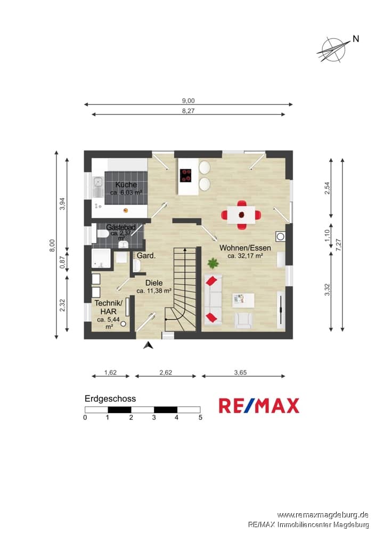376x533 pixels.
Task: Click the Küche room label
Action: pos(126,184)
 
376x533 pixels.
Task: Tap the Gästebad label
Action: pos(121,227)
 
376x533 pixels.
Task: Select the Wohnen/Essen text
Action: pos(245,248)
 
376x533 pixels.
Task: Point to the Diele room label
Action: pos(154,283)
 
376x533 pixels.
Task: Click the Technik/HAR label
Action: pos(108,308)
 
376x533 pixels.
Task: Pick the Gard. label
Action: pos(146,256)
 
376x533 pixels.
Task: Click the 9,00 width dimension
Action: pos(189,101)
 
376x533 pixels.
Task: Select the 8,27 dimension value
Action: pos(189,111)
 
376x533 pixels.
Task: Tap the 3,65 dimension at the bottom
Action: pos(241,373)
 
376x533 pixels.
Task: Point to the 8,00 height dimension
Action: pos(52,245)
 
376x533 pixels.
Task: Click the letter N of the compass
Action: pos(356,39)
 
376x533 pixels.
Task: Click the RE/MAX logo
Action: pos(259,406)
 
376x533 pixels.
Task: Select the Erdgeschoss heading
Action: pos(110,399)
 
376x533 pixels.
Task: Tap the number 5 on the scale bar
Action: pos(200,417)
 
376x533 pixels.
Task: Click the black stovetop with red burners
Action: pos(185,175)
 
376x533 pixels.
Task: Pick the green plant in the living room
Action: pos(213,263)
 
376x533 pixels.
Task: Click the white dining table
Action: pos(241,215)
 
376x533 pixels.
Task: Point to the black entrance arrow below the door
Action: pos(148,345)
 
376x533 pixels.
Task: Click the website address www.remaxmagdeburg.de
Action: pos(323,515)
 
